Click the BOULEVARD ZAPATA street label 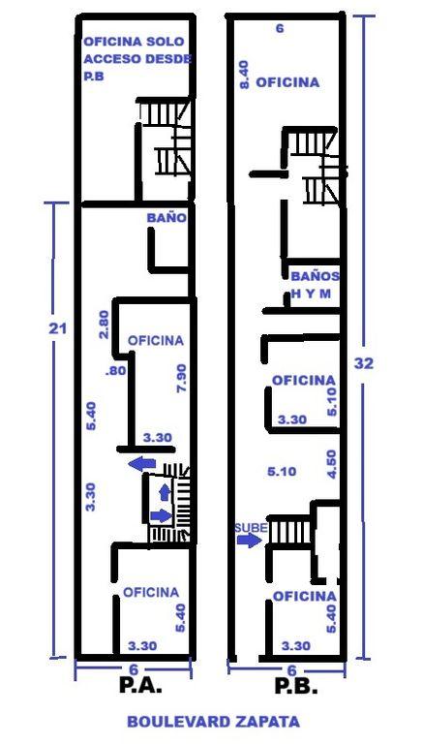[213, 722]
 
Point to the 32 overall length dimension [364, 363]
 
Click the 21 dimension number [58, 328]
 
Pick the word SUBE [252, 528]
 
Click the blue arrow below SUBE [250, 540]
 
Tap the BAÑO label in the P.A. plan [166, 218]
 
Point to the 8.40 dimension [244, 77]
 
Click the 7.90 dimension [180, 381]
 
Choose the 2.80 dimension [104, 325]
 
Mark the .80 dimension [116, 371]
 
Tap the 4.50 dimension [331, 464]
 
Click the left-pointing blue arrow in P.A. [142, 464]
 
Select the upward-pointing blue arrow [165, 492]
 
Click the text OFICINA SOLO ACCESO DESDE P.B [137, 59]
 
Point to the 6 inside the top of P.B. [280, 28]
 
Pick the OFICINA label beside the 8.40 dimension [287, 82]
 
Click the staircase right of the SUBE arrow [289, 532]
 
